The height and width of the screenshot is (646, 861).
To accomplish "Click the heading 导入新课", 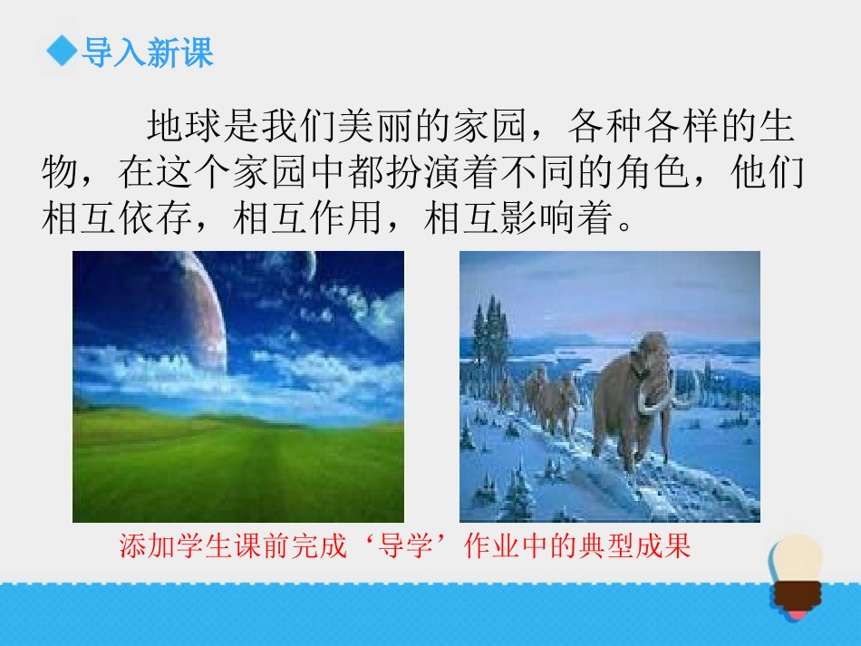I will [x=147, y=53].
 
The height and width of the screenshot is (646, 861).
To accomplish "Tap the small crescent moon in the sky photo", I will [x=310, y=265].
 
